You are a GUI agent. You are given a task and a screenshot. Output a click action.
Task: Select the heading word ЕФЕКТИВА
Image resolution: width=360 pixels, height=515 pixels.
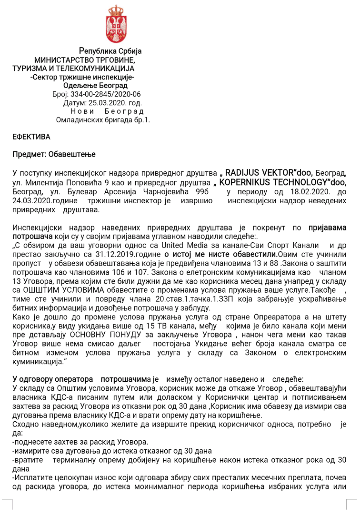point(31,137)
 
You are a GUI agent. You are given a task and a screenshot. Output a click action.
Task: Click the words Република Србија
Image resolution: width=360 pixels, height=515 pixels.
point(110,51)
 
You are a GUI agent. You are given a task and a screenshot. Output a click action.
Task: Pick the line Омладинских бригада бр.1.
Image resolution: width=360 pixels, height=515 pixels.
point(103,120)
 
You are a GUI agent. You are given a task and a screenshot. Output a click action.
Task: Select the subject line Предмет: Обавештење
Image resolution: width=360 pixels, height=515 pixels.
point(54,154)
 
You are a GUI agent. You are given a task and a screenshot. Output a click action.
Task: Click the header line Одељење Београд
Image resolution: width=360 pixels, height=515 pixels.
point(95,86)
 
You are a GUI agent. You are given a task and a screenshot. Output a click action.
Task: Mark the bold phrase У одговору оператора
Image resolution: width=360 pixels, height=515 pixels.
point(53,379)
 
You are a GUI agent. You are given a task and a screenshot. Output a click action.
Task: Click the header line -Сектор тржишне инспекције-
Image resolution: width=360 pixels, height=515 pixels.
point(81,77)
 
